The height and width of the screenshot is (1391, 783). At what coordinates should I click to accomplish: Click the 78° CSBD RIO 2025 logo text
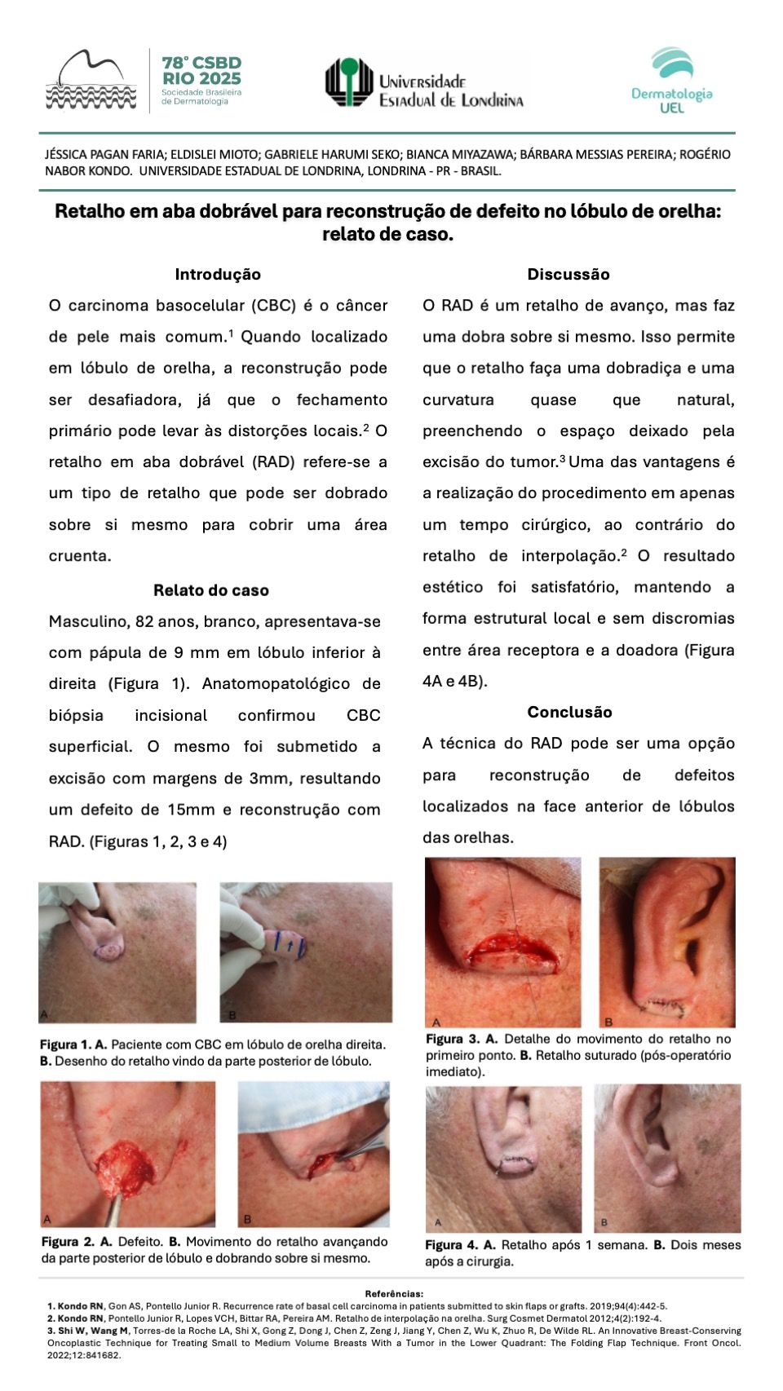pos(201,71)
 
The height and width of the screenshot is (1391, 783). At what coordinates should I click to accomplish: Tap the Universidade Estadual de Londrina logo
pos(424,83)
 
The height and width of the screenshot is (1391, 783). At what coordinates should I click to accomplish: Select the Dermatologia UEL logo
pos(671,80)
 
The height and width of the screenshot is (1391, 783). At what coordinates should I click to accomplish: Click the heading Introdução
pos(218,275)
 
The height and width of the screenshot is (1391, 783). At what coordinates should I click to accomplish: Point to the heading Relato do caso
pos(211,590)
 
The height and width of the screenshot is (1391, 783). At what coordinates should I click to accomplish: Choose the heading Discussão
pos(568,275)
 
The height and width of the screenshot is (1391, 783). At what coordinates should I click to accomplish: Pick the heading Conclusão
pos(569,712)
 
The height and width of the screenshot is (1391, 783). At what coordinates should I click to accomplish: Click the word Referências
pos(394,1293)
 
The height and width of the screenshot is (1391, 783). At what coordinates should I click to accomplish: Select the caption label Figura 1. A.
pos(73,1044)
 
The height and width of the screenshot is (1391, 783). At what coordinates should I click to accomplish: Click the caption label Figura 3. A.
pos(462,1040)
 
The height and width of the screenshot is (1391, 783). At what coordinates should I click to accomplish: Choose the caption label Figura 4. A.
pos(460,1245)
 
